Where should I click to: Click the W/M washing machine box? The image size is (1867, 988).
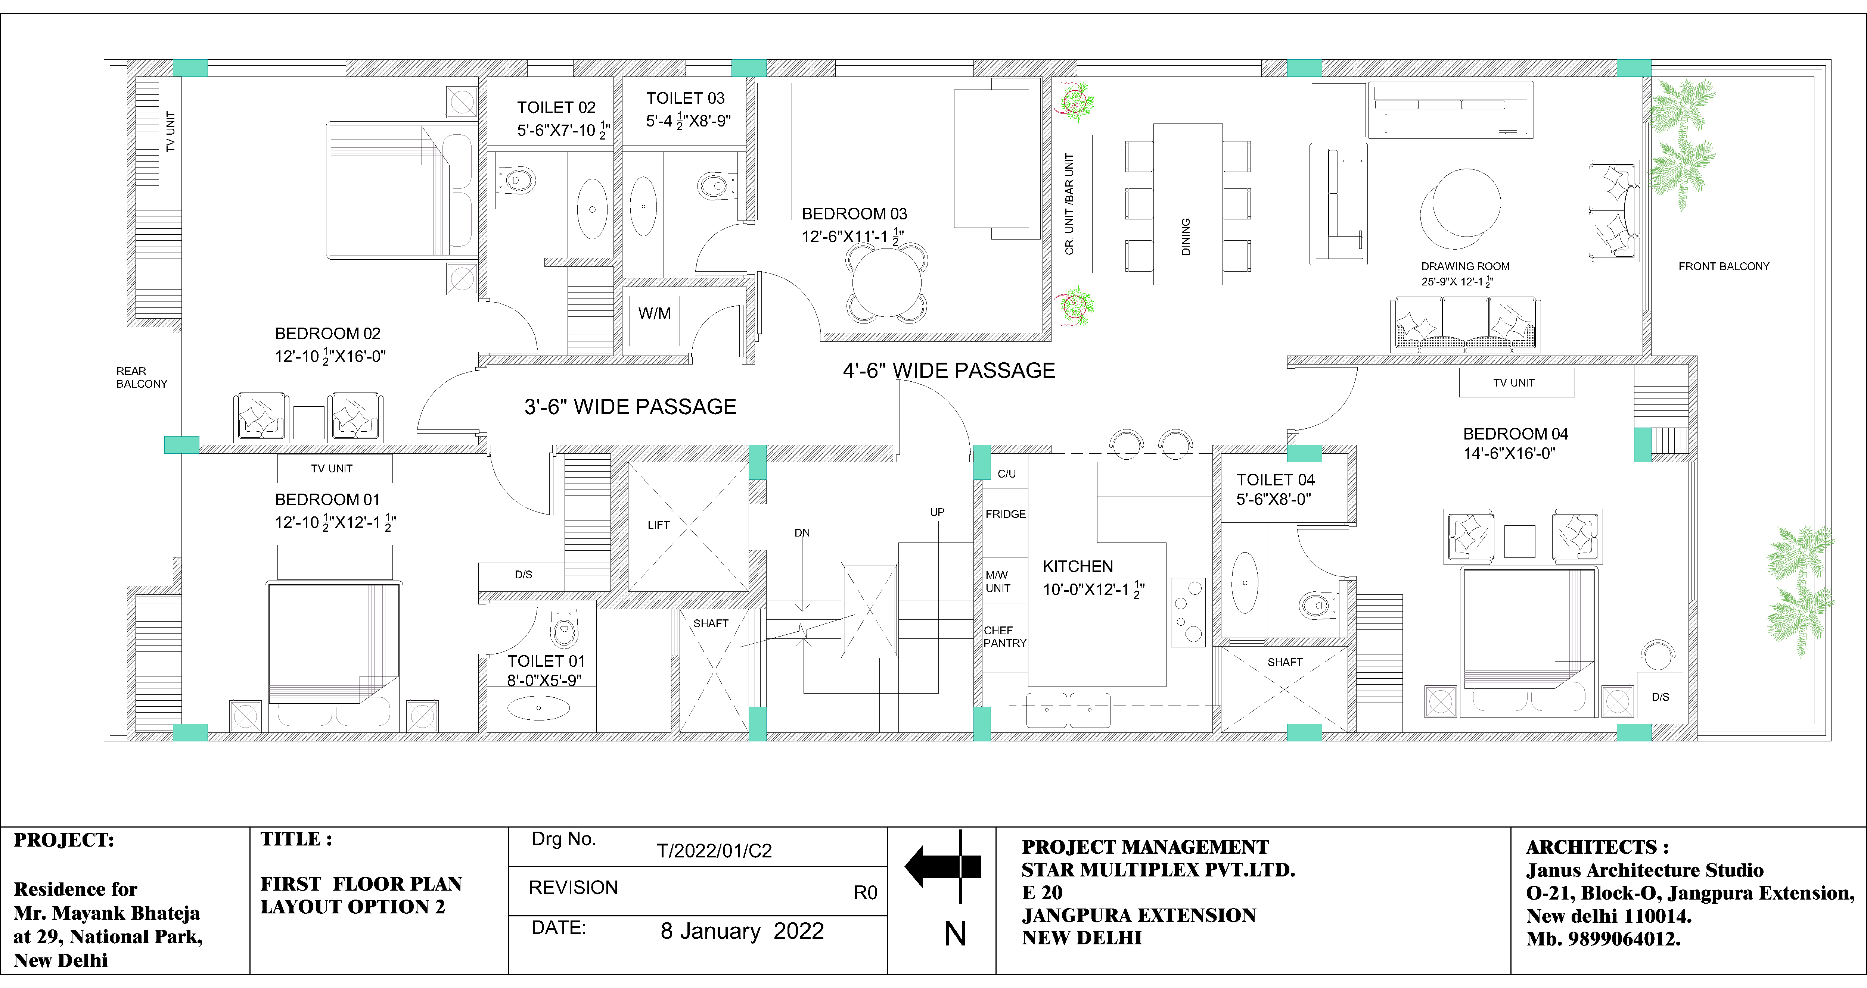coord(655,319)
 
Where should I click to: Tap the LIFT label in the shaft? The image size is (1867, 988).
coord(658,525)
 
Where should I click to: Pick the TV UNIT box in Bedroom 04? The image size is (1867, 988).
coord(1516,382)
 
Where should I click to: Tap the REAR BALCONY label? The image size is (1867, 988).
coord(141,377)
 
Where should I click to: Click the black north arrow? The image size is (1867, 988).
coord(942,866)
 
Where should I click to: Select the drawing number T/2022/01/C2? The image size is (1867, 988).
coord(714,850)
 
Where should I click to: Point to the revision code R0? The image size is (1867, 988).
coord(866,892)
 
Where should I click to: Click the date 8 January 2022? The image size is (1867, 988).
coord(742,931)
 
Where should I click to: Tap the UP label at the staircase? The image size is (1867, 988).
coord(937,512)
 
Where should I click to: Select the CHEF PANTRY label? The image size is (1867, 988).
coord(1004,637)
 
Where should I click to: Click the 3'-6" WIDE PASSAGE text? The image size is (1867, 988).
coord(630,407)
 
